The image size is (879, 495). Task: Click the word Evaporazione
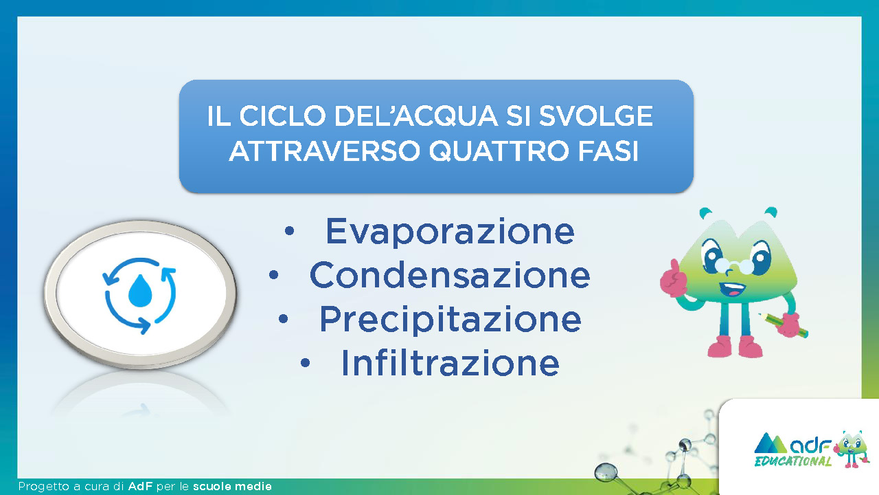tap(450, 232)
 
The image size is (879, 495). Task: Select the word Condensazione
tap(450, 275)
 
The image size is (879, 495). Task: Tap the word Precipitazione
tap(450, 320)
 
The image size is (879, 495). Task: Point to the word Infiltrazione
tap(450, 362)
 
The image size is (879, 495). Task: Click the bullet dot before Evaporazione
tap(289, 231)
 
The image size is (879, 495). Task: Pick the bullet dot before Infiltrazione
tap(305, 362)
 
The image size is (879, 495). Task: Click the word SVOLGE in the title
tap(595, 116)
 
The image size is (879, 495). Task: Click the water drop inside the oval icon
tap(140, 291)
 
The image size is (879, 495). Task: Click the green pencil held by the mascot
tap(783, 325)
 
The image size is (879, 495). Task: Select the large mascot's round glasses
tap(734, 266)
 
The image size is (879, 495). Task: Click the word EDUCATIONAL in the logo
tap(792, 461)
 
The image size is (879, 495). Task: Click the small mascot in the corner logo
tap(851, 449)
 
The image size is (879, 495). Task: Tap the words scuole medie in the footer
tap(232, 486)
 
